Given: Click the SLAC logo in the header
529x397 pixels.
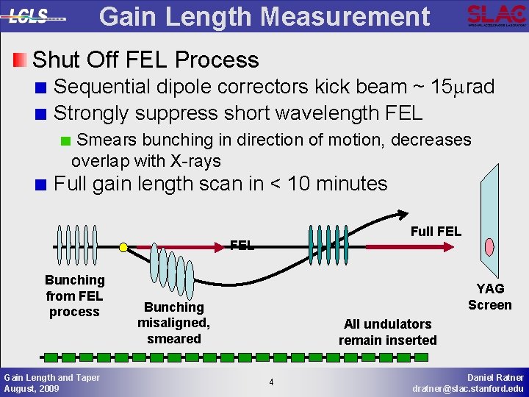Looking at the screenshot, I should point(496,15).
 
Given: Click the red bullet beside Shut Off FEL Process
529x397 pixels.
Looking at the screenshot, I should point(21,59).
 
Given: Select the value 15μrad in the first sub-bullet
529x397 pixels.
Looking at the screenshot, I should point(463,87).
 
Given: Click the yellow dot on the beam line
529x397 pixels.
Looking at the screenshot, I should point(123,246).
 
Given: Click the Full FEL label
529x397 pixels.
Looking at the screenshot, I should point(436,232).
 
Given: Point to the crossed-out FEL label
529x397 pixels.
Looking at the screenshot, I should point(242,246).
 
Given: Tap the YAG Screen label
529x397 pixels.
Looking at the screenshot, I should point(489,296).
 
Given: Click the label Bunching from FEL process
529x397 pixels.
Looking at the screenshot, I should point(74,296).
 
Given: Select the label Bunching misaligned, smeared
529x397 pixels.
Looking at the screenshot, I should point(173,323).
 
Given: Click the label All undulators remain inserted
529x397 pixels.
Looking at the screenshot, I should point(387,332).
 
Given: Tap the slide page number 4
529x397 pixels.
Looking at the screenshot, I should point(270,382).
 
